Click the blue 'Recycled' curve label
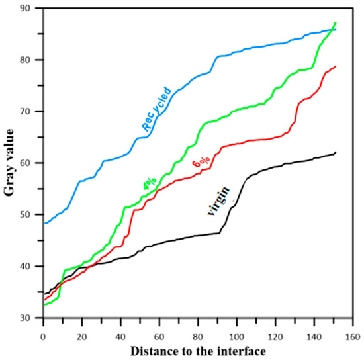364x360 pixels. pos(156,108)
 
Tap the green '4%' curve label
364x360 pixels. pos(148,187)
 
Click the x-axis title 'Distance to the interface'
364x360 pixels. pos(199,349)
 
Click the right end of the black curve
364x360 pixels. pos(336,152)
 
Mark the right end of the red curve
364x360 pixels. pos(336,66)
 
